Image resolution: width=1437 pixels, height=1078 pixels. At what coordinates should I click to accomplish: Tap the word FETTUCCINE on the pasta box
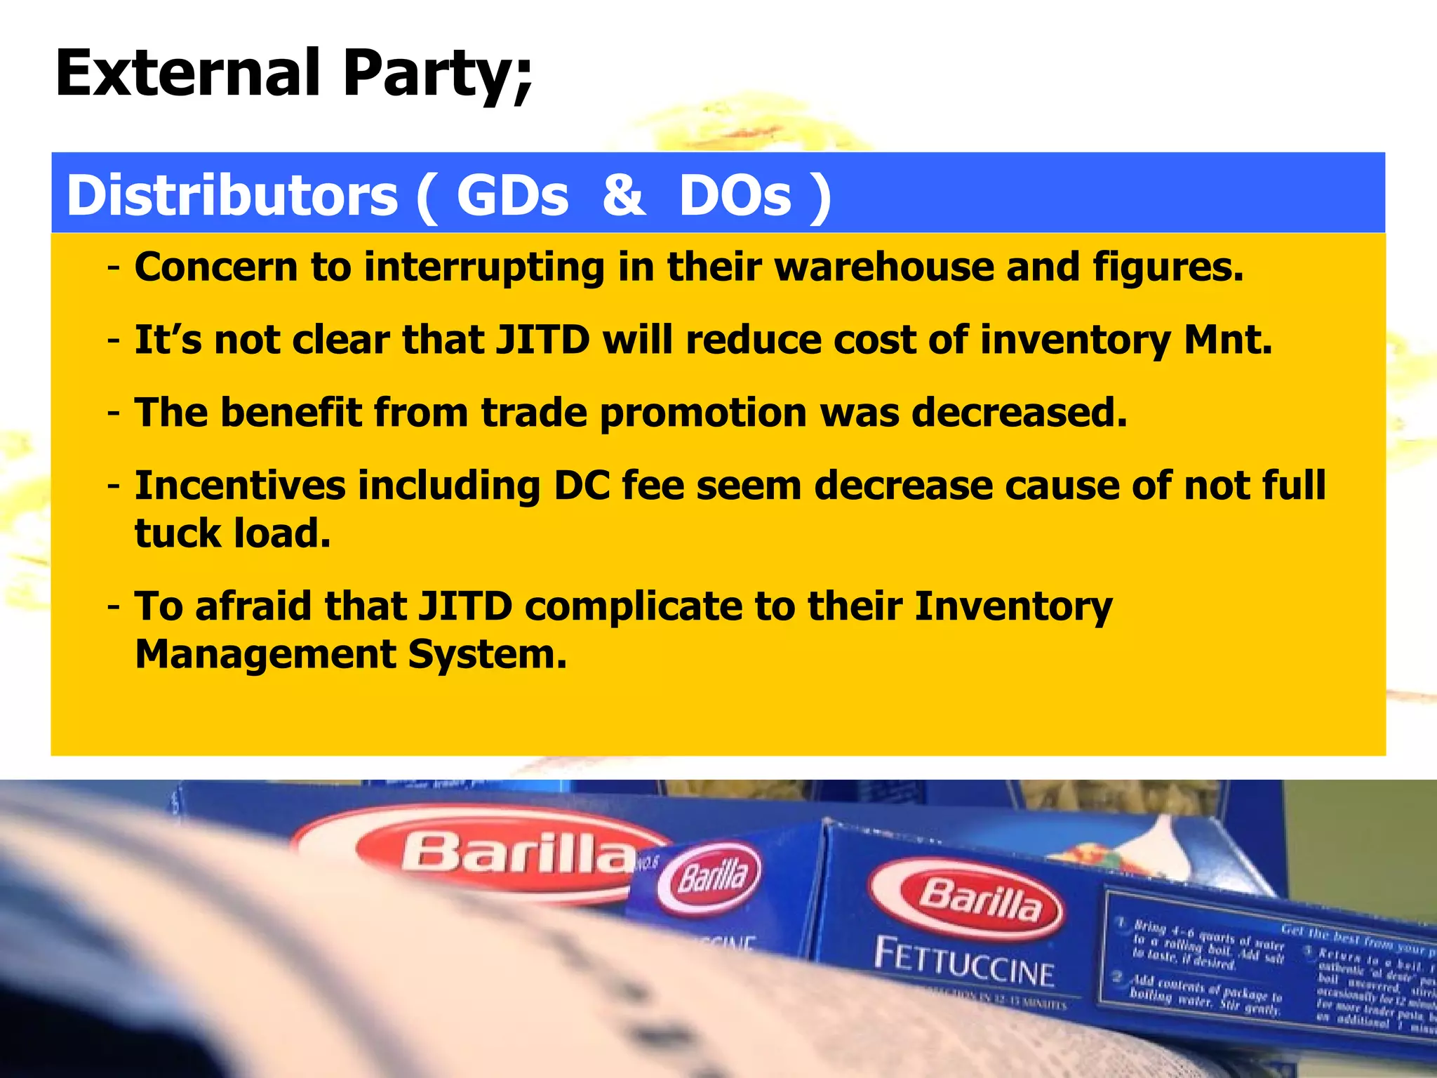[x=964, y=963]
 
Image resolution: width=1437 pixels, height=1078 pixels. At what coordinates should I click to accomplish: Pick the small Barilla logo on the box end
[x=709, y=877]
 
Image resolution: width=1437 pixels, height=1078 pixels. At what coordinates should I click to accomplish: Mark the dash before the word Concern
[x=114, y=268]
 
